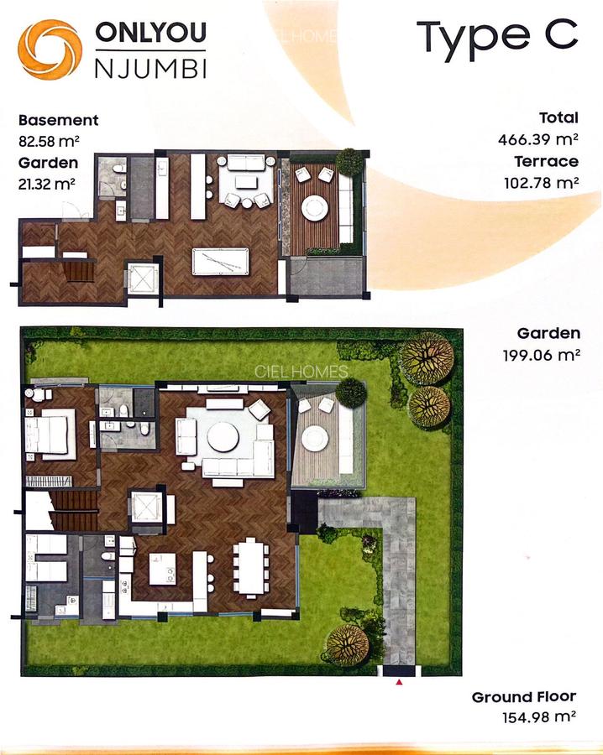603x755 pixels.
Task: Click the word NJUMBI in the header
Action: click(151, 66)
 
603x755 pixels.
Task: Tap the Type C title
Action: click(497, 35)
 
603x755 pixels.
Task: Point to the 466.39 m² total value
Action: click(538, 139)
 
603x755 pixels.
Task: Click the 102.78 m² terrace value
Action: click(538, 182)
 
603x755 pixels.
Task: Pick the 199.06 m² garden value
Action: click(538, 355)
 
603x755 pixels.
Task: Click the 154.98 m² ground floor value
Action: click(537, 717)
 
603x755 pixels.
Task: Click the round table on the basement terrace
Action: click(315, 206)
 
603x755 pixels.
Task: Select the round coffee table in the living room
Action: click(223, 436)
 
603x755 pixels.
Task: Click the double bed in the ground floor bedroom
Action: click(51, 435)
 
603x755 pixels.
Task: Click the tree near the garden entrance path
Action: click(347, 644)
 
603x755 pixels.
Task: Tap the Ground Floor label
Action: click(524, 697)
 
